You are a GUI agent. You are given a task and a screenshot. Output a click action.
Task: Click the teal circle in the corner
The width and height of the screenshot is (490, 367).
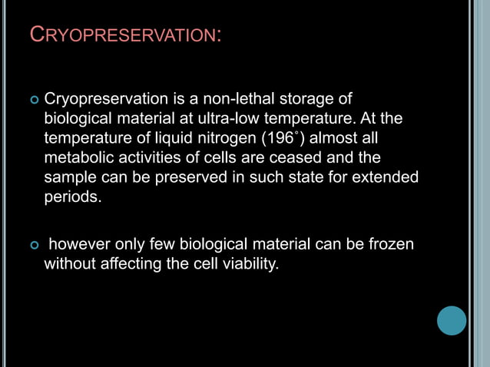(x=452, y=320)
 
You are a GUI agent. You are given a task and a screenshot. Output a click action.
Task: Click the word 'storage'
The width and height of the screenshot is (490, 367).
(x=316, y=100)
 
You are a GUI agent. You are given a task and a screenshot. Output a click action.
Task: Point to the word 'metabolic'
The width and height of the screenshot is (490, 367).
(x=78, y=157)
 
